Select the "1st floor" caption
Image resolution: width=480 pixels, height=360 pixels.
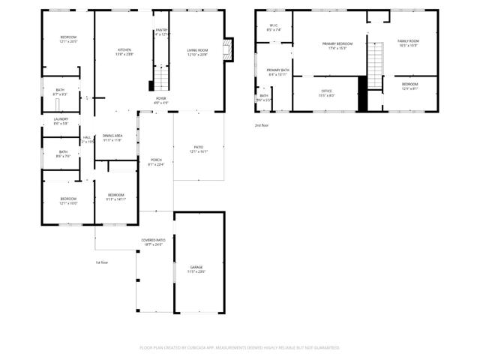102,262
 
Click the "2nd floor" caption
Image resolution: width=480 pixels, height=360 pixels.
261,124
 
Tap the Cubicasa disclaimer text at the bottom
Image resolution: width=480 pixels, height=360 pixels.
240,348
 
